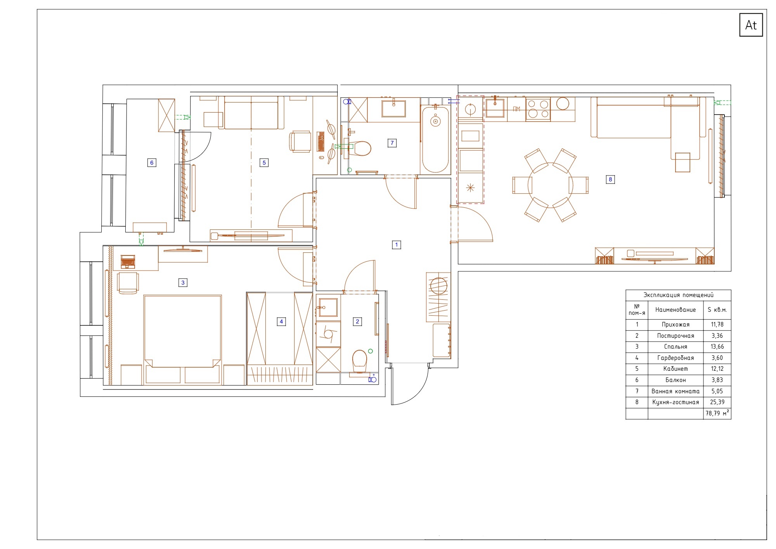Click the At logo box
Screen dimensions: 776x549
[x=751, y=25]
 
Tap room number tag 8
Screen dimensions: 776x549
[x=610, y=179]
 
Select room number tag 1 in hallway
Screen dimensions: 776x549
[x=396, y=245]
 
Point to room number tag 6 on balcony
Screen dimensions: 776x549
[x=152, y=163]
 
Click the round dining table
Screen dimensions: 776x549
[x=550, y=185]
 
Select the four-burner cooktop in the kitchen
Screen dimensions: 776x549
[x=538, y=109]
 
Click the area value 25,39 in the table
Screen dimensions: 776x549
[x=717, y=402]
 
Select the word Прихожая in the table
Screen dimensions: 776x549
[x=676, y=325]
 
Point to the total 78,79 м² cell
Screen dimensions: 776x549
[x=717, y=413]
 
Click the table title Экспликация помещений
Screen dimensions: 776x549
[x=678, y=295]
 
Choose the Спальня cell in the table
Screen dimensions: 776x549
[x=676, y=347]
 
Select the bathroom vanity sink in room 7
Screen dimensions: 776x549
[x=393, y=108]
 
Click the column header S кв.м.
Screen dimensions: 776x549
[x=717, y=310]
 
